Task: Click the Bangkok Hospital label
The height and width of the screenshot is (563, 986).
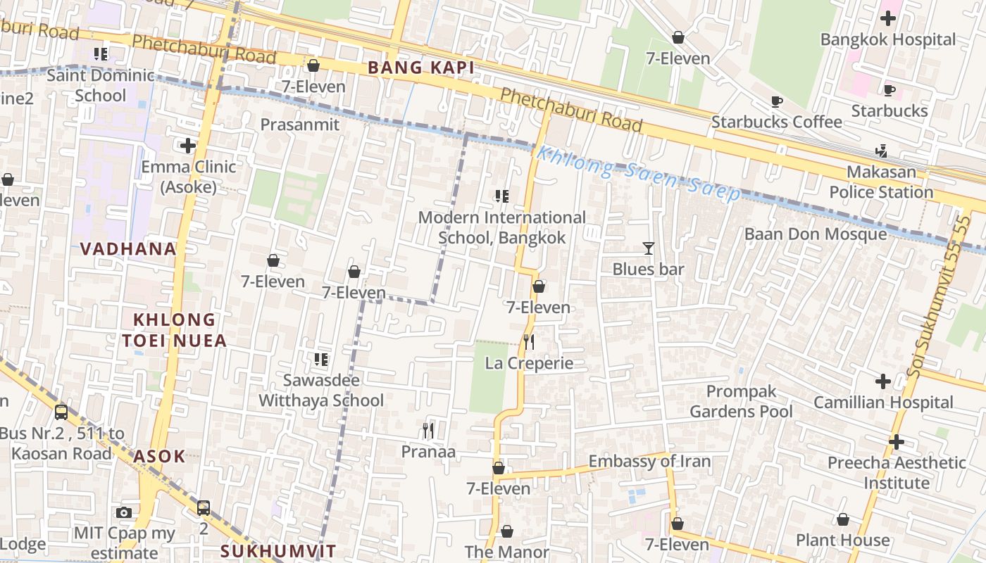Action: (888, 39)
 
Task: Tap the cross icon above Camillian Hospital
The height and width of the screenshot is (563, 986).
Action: (882, 381)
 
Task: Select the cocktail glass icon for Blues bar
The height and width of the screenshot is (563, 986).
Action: (648, 248)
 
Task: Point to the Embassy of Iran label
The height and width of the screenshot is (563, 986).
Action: (649, 462)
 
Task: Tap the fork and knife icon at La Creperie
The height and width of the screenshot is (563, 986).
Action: (529, 342)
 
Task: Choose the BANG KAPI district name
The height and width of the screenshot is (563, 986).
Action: (421, 68)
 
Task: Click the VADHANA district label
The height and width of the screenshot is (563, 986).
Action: (127, 248)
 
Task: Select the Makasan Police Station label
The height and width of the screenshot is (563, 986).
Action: (881, 182)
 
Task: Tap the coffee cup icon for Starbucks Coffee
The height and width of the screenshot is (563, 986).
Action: (777, 101)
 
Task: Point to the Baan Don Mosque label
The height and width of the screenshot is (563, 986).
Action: (815, 234)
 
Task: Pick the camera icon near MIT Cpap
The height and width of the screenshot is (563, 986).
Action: (124, 512)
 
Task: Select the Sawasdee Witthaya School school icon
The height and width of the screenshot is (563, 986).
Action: (320, 360)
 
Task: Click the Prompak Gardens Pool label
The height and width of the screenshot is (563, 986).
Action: (741, 401)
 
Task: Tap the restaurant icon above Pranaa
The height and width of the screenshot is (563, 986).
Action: (428, 430)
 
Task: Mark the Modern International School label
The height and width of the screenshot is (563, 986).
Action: (501, 227)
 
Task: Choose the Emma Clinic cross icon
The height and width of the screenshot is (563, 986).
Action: (187, 146)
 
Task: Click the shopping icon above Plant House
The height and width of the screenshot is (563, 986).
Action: (842, 519)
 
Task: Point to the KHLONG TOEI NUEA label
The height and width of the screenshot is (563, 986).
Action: (174, 330)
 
